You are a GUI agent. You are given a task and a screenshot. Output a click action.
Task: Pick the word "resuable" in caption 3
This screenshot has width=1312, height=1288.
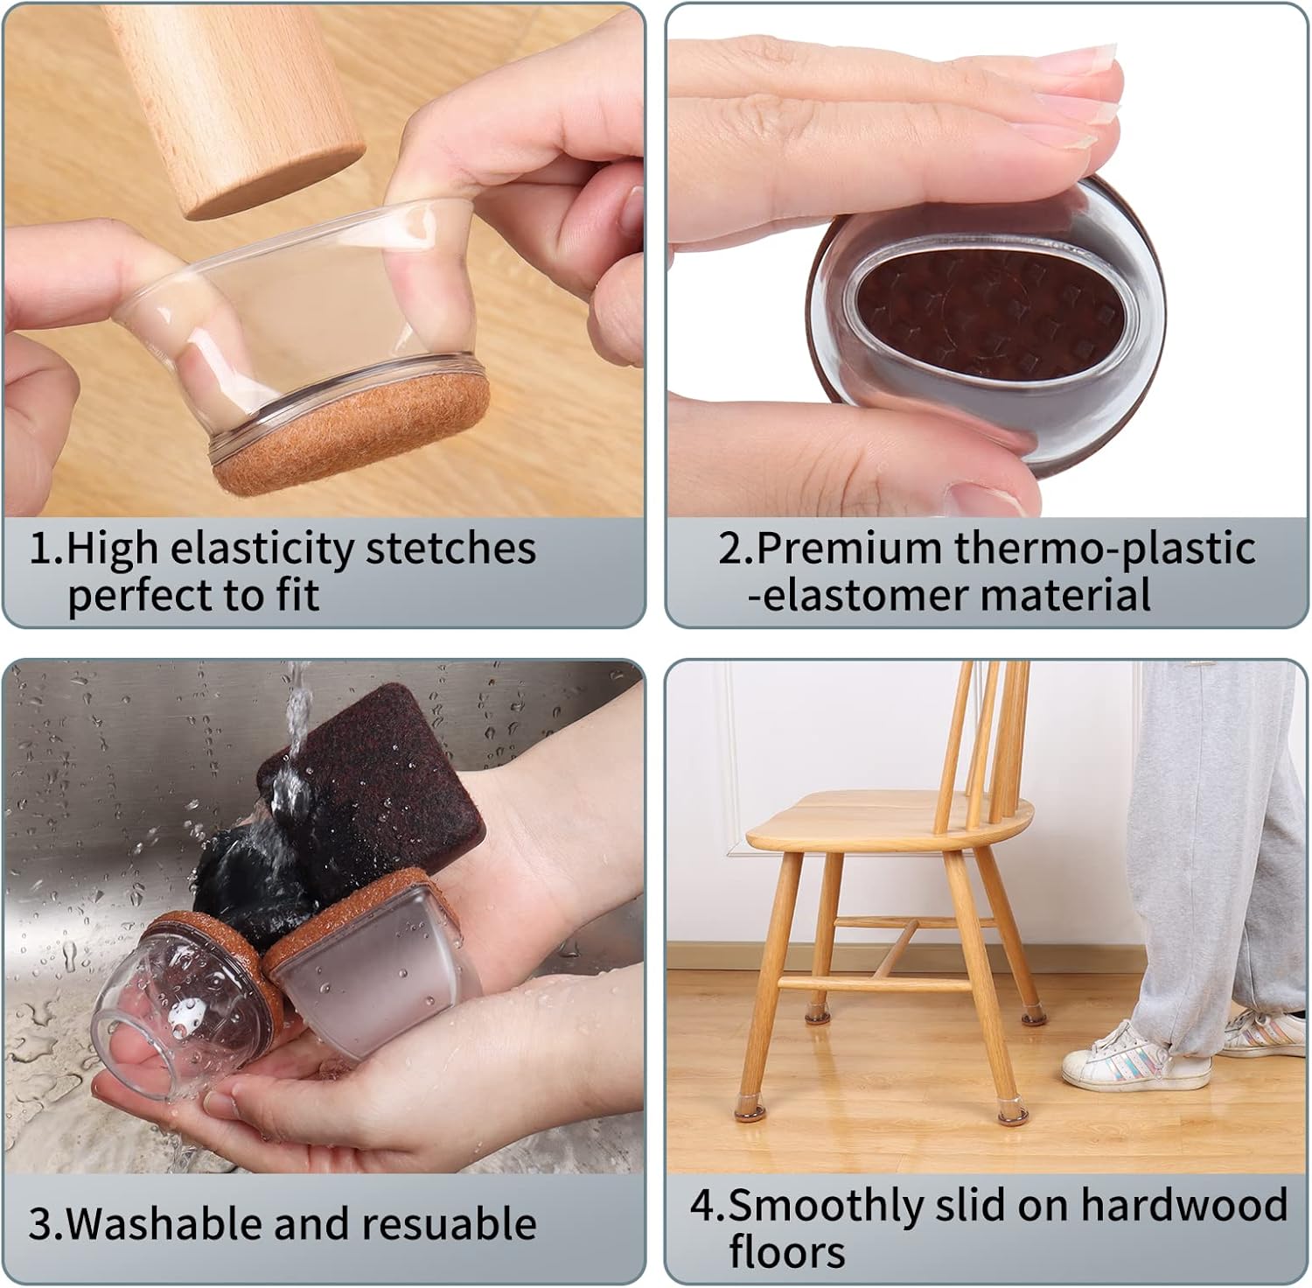pyautogui.click(x=449, y=1223)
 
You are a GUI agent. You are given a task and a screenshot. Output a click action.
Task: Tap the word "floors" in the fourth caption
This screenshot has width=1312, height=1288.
pyautogui.click(x=787, y=1251)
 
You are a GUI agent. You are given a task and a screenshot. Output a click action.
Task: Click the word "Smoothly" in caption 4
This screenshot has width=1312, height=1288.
pyautogui.click(x=827, y=1207)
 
